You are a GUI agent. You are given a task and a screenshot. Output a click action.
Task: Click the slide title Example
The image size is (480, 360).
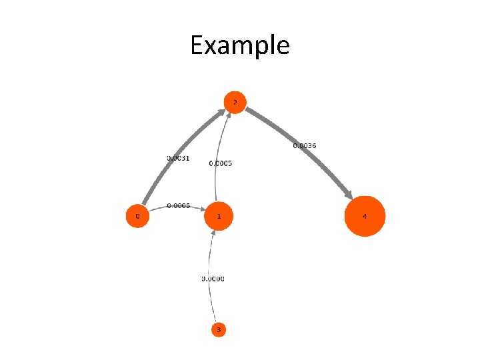(x=239, y=45)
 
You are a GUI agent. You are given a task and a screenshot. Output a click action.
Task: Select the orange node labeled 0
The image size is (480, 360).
(x=137, y=216)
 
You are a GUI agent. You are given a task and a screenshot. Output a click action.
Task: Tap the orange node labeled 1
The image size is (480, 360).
(x=219, y=216)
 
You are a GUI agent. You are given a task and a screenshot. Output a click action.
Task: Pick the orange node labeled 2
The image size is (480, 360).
(x=235, y=102)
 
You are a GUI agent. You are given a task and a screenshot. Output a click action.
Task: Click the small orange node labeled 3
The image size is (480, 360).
(x=219, y=329)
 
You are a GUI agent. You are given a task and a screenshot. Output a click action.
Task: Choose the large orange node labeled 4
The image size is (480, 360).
(x=365, y=216)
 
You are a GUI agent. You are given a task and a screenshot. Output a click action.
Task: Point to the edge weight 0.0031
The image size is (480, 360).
(x=178, y=158)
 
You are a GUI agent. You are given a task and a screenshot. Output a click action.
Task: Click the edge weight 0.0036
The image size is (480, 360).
(x=305, y=145)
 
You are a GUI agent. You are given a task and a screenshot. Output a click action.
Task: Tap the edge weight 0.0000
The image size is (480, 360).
(x=213, y=279)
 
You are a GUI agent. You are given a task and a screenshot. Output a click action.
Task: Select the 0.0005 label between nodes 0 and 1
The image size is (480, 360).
(x=178, y=205)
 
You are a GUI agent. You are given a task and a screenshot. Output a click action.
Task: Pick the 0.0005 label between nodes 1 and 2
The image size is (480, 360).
(x=221, y=163)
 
